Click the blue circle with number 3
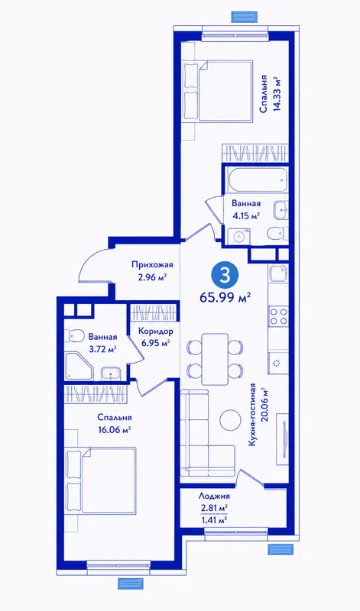[x=225, y=276]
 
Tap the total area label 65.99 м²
[x=225, y=298]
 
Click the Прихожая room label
[x=152, y=265]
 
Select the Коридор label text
[x=156, y=331]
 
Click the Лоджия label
[x=214, y=496]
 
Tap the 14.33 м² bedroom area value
[x=277, y=94]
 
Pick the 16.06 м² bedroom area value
[x=115, y=430]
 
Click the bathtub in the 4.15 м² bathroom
[x=257, y=179]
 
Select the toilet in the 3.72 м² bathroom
[x=74, y=335]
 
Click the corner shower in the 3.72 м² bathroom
[x=79, y=367]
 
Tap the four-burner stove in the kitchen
[x=279, y=316]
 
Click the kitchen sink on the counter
[x=279, y=273]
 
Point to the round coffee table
[x=230, y=419]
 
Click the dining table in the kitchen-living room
[x=215, y=359]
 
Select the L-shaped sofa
[x=207, y=433]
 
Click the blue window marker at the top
[x=245, y=17]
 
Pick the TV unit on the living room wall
[x=283, y=438]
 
